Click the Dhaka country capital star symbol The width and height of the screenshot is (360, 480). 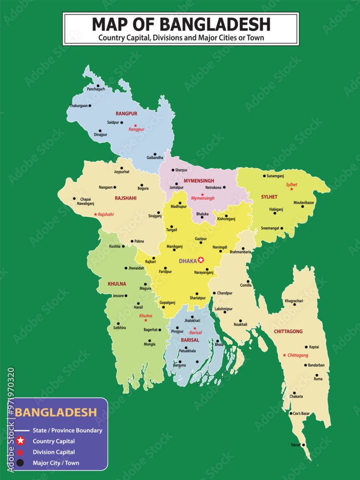tap(201, 260)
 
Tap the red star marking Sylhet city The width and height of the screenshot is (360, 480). tap(291, 189)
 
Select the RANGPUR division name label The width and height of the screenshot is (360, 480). tap(126, 114)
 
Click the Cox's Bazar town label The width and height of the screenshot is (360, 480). tap(302, 413)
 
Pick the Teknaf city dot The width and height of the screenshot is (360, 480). tap(303, 444)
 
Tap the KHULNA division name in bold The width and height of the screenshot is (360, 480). tap(117, 284)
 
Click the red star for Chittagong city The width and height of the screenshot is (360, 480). tap(285, 355)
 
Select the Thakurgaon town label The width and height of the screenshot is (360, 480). tap(78, 106)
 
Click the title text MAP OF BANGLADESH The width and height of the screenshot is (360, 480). tap(181, 24)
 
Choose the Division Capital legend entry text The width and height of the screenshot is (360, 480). tap(53, 452)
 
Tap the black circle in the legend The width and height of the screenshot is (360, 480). tap(20, 463)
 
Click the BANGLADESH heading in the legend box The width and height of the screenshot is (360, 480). tap(56, 413)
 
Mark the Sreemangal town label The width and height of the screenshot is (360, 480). tap(269, 228)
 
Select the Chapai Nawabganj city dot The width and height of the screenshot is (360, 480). tap(74, 199)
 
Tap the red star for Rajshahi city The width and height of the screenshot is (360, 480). tap(96, 215)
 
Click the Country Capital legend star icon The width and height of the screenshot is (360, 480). tap(20, 441)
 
